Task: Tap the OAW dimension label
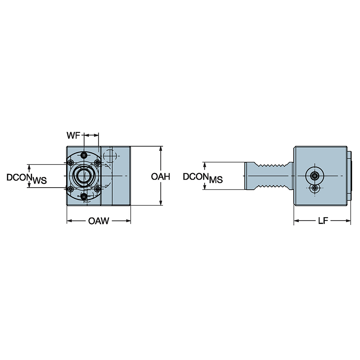[x=98, y=221]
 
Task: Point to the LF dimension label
[x=322, y=221]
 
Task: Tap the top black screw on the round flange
[x=84, y=155]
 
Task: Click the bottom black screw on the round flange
[x=84, y=196]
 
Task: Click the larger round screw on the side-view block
[x=315, y=176]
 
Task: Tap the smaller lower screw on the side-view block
[x=315, y=188]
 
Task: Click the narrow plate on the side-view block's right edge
[x=349, y=176]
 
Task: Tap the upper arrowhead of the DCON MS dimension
[x=205, y=165]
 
